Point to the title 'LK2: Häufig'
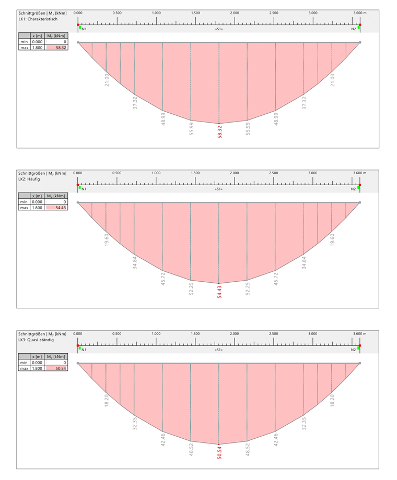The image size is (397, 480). click(30, 179)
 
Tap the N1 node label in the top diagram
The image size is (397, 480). click(84, 29)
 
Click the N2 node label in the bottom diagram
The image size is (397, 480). click(354, 350)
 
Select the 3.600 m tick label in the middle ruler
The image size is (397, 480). click(360, 173)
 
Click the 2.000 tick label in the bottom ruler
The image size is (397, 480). click(235, 333)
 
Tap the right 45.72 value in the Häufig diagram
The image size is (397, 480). click(276, 279)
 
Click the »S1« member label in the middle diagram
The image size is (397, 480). click(219, 189)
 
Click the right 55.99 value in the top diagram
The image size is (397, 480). click(248, 128)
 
